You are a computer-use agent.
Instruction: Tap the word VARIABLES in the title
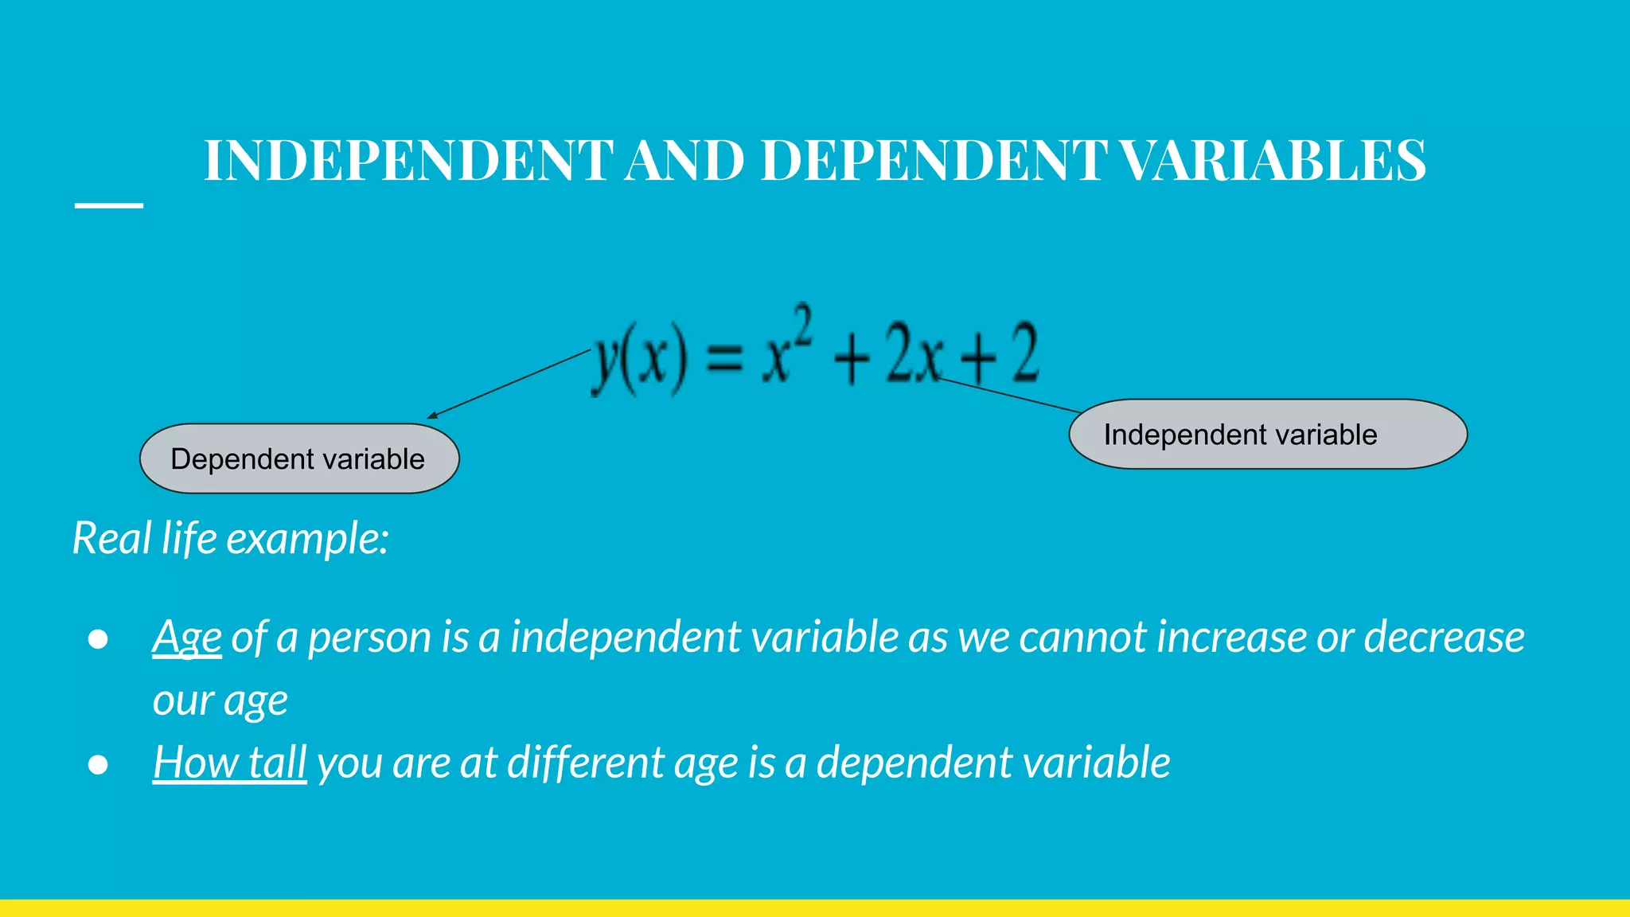[x=1273, y=160]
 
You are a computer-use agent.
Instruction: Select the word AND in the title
[x=685, y=160]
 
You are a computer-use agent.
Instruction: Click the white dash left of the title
[x=109, y=205]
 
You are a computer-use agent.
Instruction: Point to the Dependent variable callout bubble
[x=299, y=458]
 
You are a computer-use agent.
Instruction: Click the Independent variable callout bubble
[x=1267, y=435]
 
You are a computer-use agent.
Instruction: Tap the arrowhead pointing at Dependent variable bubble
[x=433, y=415]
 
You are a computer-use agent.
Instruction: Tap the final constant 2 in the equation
[x=1025, y=353]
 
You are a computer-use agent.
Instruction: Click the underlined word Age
[x=187, y=638]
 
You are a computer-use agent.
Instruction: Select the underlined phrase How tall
[x=230, y=763]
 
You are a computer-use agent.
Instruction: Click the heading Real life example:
[x=231, y=538]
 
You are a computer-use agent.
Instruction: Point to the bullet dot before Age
[x=98, y=639]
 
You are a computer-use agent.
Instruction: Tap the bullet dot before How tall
[x=98, y=764]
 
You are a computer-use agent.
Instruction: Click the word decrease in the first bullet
[x=1444, y=637]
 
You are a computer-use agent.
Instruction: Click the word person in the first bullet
[x=369, y=638]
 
